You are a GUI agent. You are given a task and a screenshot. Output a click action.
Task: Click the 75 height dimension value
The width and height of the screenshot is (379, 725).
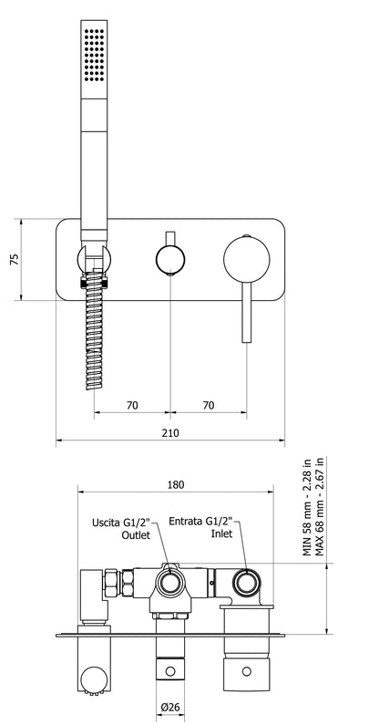14,259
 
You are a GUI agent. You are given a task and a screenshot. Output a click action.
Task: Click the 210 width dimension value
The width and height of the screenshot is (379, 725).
169,432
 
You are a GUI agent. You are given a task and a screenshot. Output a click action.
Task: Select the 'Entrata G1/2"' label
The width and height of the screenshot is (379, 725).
201,523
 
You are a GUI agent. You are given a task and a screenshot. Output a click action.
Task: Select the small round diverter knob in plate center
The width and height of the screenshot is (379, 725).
169,259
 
